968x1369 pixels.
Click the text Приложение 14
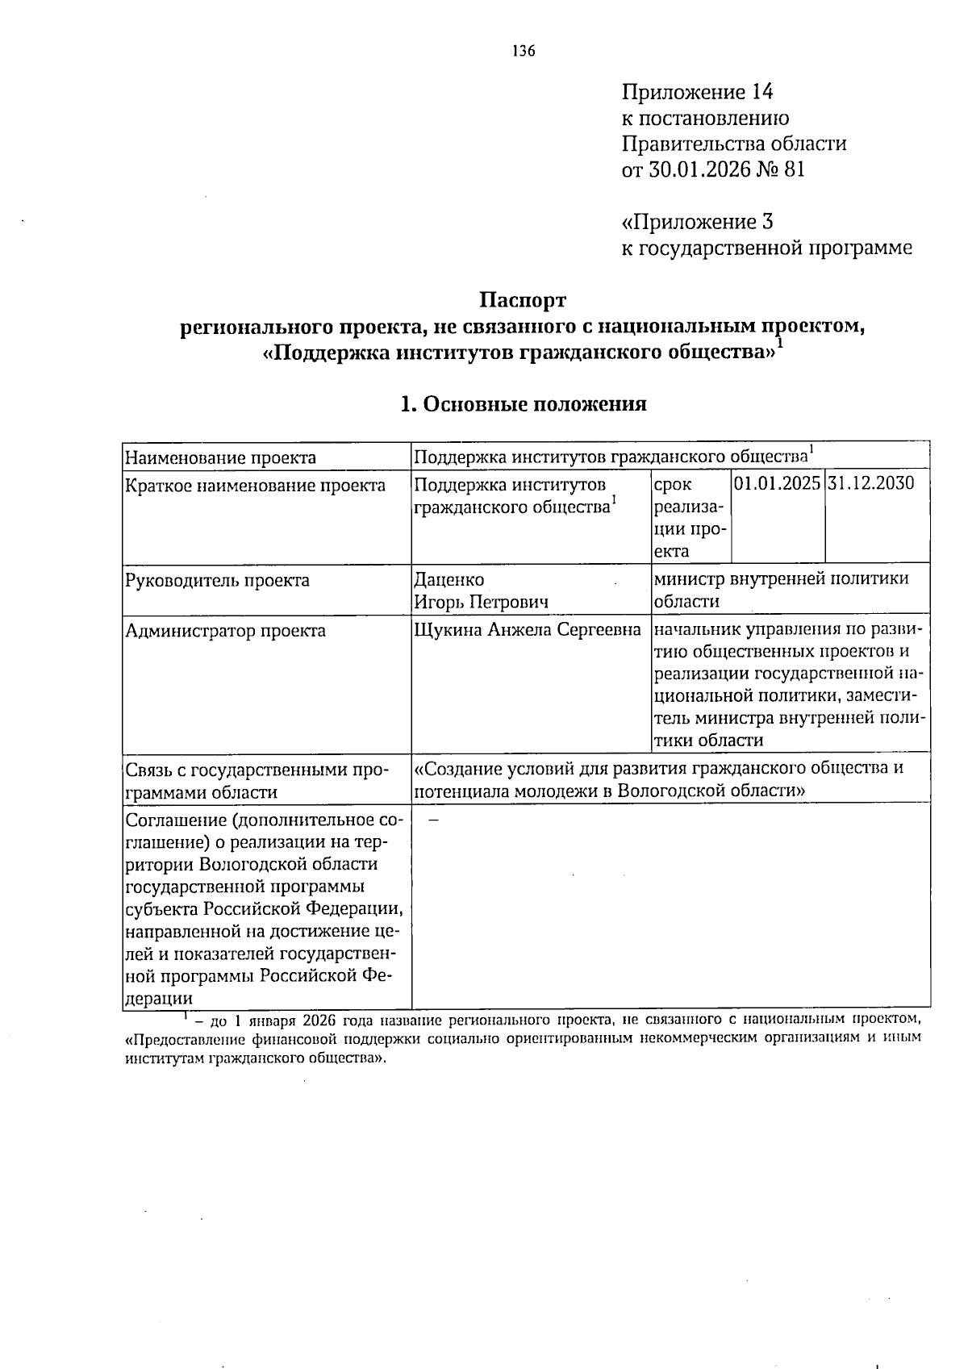click(x=697, y=91)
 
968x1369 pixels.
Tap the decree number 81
click(x=794, y=169)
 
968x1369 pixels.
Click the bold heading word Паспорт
click(x=523, y=301)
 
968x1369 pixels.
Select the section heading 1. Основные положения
click(x=524, y=403)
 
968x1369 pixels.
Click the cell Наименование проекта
click(x=220, y=458)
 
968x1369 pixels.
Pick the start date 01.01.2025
click(x=778, y=483)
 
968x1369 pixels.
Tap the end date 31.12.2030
click(x=871, y=483)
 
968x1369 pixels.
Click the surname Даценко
click(x=449, y=580)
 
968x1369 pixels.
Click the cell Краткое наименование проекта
click(x=256, y=486)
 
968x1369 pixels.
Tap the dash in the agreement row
click(x=433, y=820)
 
